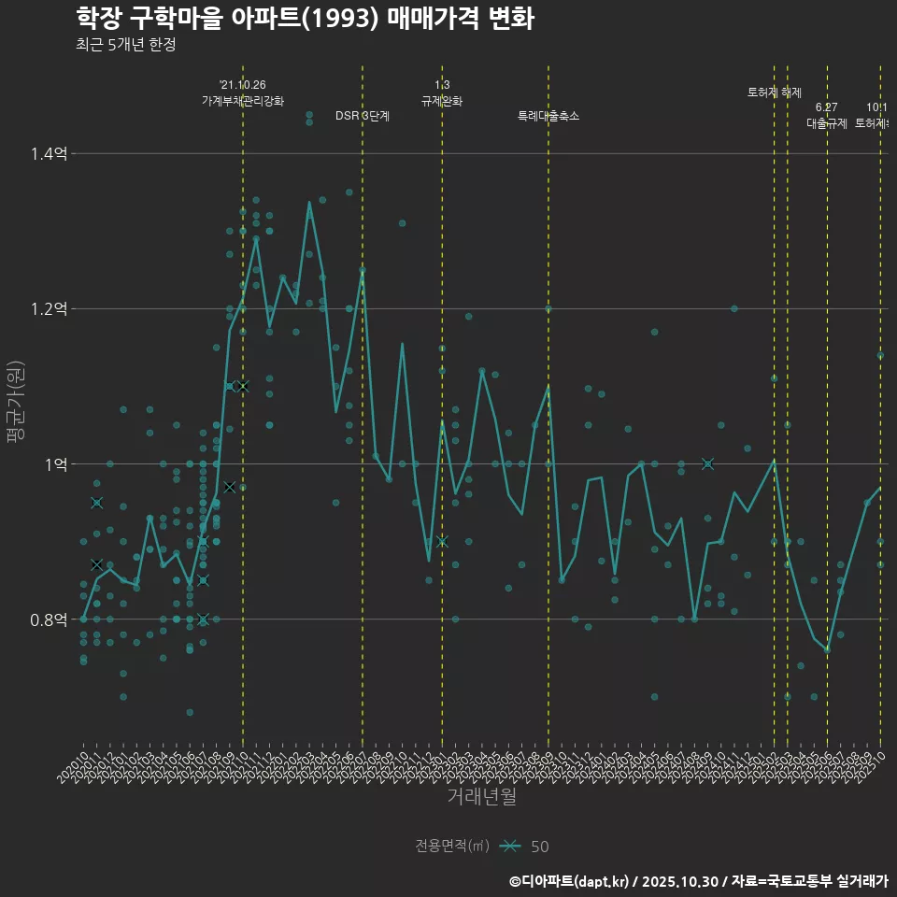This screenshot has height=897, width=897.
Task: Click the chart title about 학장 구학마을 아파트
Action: coord(305,18)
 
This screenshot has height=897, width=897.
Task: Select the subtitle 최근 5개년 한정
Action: coord(125,45)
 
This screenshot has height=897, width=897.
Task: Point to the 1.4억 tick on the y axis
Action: coord(48,153)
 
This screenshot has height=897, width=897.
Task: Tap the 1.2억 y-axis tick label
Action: coord(48,308)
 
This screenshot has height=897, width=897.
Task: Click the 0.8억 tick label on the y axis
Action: coord(48,619)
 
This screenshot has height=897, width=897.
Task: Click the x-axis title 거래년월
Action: coord(481,797)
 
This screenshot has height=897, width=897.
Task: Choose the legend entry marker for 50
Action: coord(509,846)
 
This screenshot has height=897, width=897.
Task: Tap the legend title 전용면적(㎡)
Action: coord(452,846)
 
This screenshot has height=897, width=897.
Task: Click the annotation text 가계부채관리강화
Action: coord(242,101)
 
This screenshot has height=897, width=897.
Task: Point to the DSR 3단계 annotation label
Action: coord(363,116)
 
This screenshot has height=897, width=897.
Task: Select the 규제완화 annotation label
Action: coord(442,101)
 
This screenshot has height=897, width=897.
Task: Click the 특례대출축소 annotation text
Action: coord(548,116)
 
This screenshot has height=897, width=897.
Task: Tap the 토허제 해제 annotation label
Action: coord(775,93)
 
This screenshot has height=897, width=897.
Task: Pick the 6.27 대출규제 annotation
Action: coord(827,116)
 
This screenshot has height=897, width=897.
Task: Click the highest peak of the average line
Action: coord(309,202)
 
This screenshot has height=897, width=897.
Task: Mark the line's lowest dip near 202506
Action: coord(827,651)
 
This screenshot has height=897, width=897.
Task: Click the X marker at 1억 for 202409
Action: coord(707,463)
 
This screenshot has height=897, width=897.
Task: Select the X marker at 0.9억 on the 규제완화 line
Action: coord(442,541)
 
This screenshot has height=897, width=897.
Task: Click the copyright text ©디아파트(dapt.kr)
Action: coord(570,881)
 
